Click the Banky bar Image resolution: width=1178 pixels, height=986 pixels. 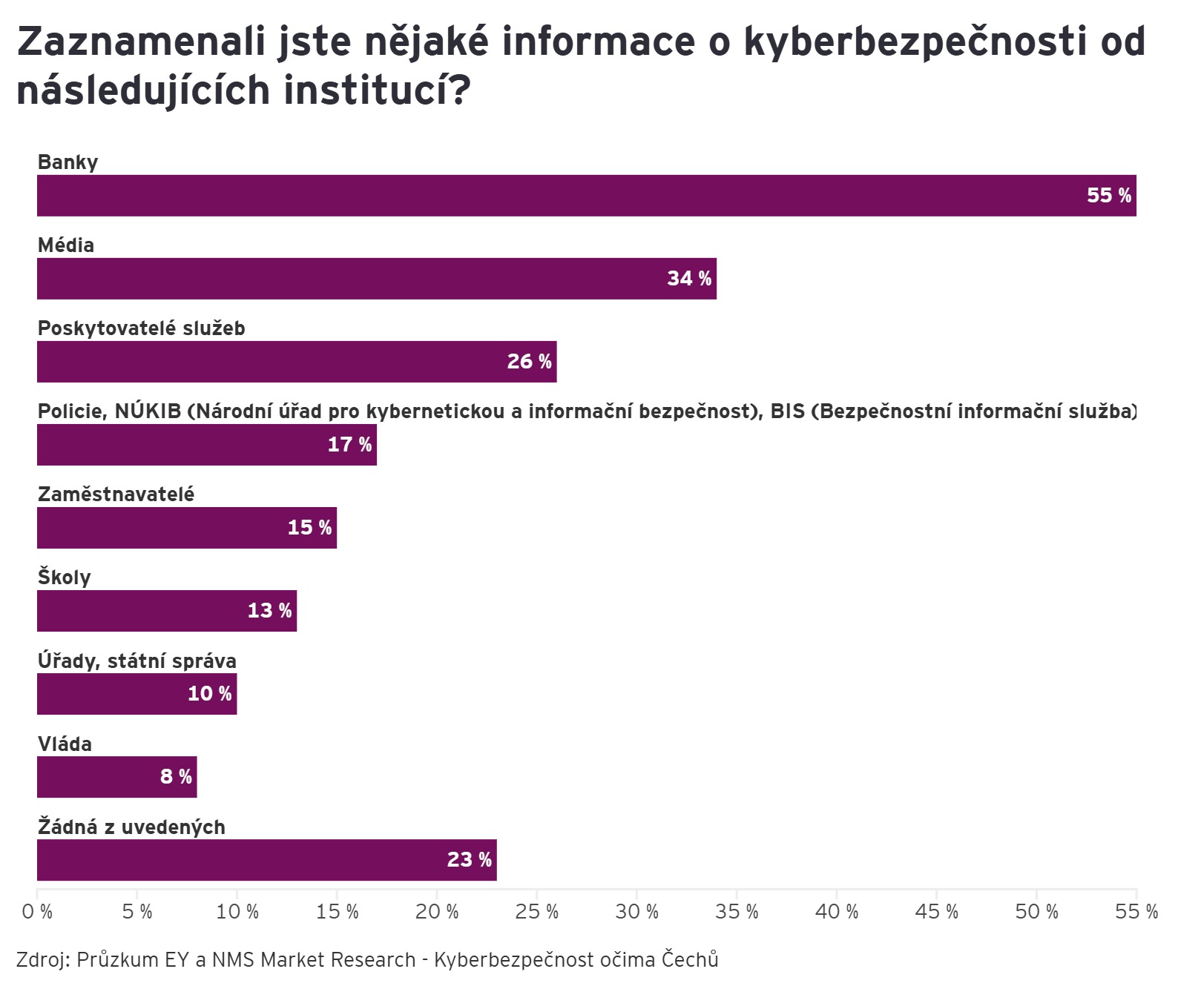pos(586,196)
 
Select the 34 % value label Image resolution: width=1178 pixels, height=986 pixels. pos(689,279)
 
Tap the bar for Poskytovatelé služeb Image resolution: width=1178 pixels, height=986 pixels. pos(297,362)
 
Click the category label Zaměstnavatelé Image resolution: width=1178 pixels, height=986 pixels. pos(116,494)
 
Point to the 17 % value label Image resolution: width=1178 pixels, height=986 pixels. pos(349,445)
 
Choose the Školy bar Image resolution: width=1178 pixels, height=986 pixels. pos(167,611)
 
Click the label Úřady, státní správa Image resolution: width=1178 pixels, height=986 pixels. pos(137,661)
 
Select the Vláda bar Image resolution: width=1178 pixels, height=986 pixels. pos(116,777)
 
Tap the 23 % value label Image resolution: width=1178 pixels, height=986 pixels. pos(469,860)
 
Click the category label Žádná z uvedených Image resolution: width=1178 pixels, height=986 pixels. pos(131,827)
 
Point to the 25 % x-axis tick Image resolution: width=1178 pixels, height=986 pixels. pos(536,912)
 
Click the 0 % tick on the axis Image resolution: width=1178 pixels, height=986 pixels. pos(37,912)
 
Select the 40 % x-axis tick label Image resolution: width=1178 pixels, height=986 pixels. pos(836,912)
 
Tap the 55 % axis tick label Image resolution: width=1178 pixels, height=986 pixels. pos(1136,912)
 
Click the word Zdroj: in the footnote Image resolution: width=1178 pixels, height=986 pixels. pos(43,960)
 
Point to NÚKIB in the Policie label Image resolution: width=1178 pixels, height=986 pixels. pos(148,411)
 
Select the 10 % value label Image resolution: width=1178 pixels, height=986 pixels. pos(210,694)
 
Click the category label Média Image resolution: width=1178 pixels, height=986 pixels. pos(66,245)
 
